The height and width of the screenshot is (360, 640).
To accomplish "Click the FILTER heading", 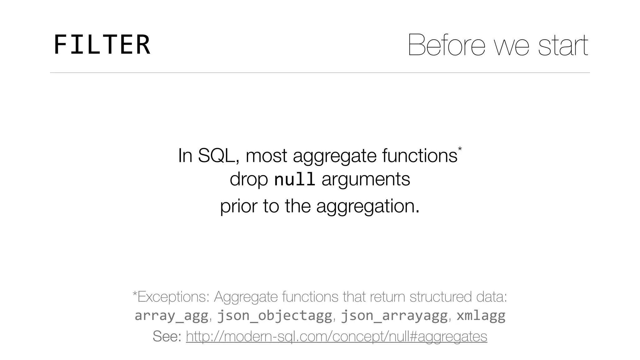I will tap(102, 45).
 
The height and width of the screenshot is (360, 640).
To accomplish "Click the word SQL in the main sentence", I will tap(216, 155).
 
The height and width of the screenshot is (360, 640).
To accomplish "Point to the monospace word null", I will tap(294, 179).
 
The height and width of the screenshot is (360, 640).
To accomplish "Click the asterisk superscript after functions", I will tap(460, 149).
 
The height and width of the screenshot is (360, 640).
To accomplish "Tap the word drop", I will tap(249, 179).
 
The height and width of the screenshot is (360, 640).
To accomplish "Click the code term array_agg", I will tap(171, 316).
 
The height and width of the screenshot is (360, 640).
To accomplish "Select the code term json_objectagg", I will tap(274, 316).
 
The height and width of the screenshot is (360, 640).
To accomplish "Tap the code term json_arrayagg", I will tap(394, 316).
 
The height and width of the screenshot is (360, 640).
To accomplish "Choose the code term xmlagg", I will tap(481, 316).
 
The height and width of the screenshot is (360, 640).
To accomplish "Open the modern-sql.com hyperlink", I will tap(336, 336).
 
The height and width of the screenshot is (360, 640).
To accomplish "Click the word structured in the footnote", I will tap(440, 297).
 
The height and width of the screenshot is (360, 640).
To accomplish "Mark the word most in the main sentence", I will tap(266, 155).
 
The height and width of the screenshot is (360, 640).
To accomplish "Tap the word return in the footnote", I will tap(387, 297).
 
